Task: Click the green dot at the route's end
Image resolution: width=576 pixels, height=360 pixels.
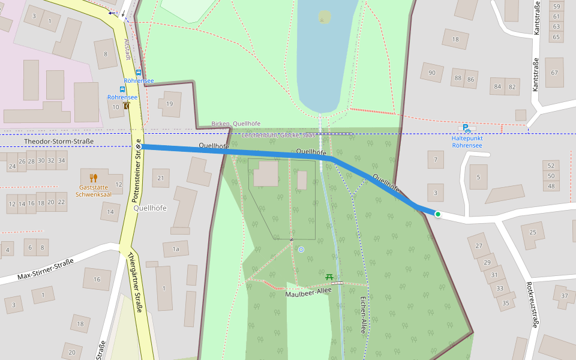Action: point(438,214)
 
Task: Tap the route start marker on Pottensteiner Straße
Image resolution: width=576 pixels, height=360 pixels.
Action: point(138,146)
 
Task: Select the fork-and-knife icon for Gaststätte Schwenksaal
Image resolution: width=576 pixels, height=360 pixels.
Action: point(93,178)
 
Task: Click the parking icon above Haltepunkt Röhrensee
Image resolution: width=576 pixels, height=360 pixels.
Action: point(466,128)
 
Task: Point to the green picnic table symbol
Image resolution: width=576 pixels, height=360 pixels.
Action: point(329,277)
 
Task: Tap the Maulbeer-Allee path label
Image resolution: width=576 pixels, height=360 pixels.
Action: point(308,292)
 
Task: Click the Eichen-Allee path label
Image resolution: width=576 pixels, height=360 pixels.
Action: point(362,314)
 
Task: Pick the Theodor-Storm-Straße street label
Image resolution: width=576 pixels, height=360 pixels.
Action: point(59,142)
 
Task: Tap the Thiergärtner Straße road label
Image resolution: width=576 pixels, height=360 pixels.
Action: point(134,282)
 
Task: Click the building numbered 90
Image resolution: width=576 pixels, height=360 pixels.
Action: point(431,73)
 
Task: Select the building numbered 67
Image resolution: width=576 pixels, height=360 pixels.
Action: point(554,73)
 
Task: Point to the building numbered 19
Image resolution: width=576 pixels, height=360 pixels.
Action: point(171,104)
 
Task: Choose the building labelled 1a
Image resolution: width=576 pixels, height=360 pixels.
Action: point(175,248)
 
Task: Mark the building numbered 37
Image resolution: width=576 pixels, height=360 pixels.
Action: point(564,296)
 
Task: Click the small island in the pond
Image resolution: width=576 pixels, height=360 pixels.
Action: point(324,16)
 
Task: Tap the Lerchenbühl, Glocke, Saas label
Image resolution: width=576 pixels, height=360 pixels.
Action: point(278,136)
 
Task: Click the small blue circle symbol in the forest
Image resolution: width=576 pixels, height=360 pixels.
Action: point(301,249)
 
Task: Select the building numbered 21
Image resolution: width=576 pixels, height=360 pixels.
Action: point(160,178)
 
